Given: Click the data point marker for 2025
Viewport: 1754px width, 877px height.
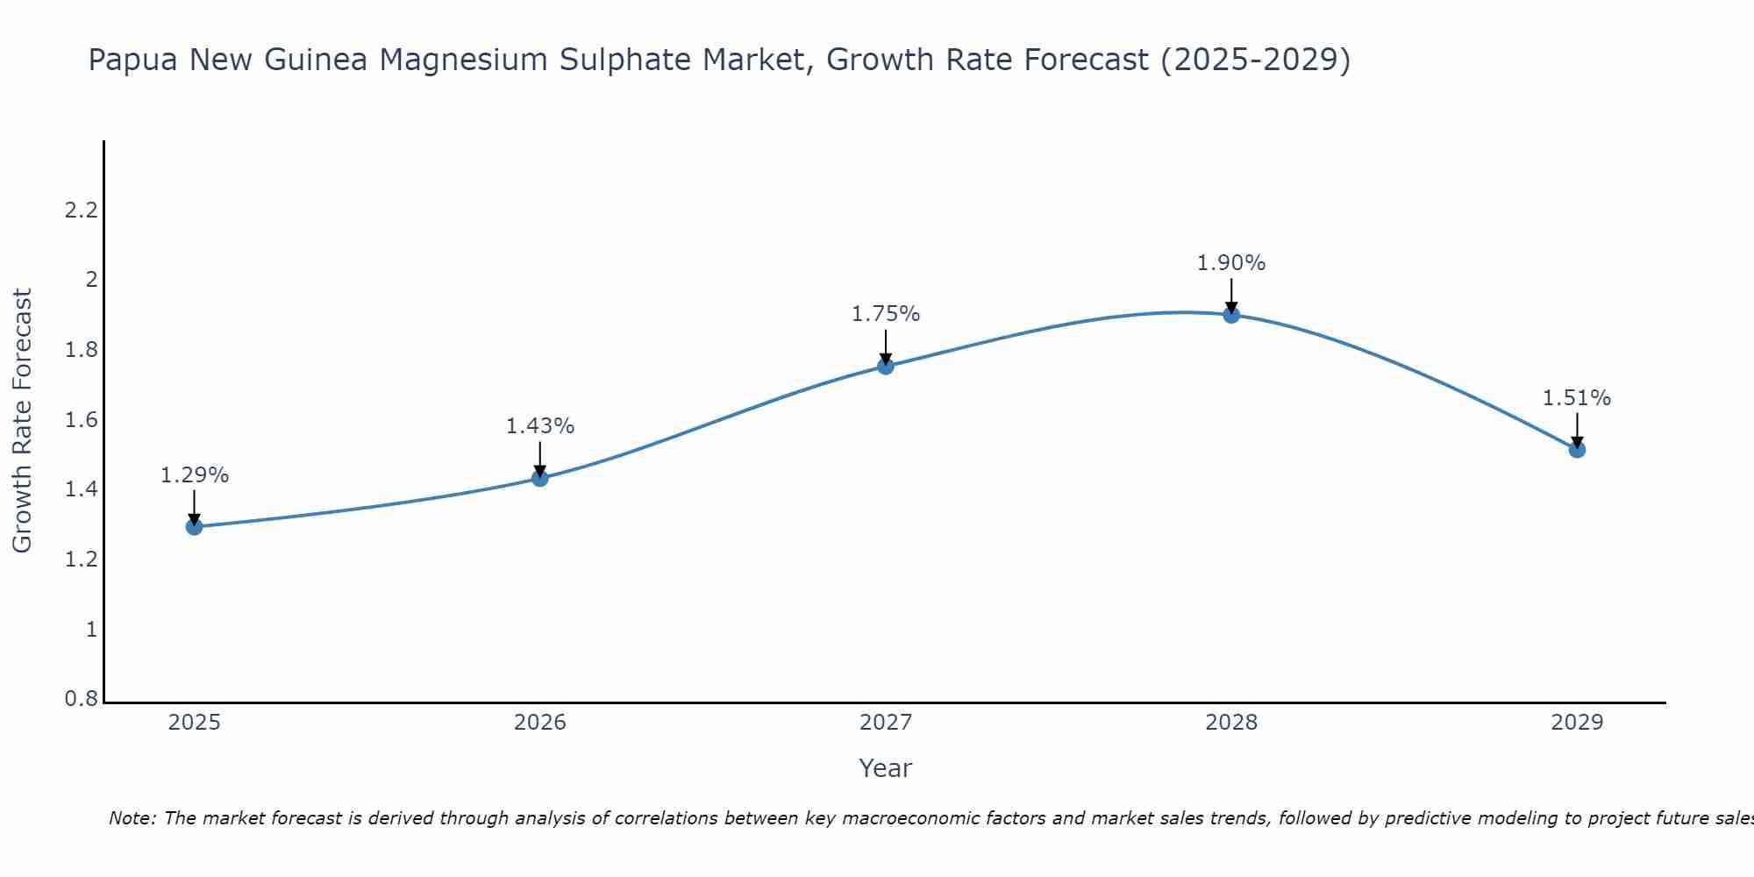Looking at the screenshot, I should (195, 526).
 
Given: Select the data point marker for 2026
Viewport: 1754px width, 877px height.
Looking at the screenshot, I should (540, 478).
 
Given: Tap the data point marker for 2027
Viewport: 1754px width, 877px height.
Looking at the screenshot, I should (886, 366).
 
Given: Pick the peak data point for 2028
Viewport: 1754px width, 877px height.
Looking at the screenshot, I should (1231, 315).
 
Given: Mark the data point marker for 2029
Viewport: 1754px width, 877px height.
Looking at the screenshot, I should (1577, 450).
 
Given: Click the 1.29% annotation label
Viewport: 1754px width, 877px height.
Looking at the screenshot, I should (195, 475).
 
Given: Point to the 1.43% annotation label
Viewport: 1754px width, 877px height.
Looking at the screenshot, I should (540, 426).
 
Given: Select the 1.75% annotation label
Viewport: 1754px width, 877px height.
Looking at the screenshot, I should (886, 314).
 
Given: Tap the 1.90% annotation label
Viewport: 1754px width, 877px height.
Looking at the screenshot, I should (1231, 263).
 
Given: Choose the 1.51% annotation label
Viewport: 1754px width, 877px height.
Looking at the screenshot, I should (1577, 398).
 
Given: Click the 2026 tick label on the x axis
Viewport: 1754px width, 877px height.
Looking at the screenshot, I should (540, 723).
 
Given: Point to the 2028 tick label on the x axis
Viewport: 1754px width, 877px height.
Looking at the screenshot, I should (1231, 723).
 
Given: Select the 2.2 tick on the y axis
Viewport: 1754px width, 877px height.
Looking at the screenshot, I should (82, 210).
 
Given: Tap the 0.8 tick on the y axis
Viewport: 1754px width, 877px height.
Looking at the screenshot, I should (82, 700).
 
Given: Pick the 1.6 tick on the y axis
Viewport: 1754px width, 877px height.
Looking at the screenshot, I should (82, 420).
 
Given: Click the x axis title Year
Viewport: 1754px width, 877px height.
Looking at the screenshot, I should (886, 768).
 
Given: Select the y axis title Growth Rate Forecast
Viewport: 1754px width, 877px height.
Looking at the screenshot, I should (22, 420).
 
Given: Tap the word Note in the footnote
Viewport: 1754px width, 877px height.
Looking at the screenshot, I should (132, 818).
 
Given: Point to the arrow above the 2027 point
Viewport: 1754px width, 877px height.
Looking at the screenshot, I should (886, 347).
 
